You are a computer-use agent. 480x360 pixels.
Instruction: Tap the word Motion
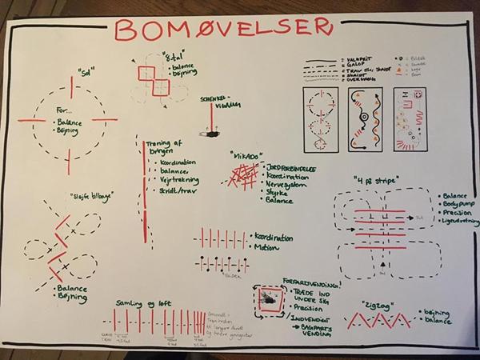[267, 248]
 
